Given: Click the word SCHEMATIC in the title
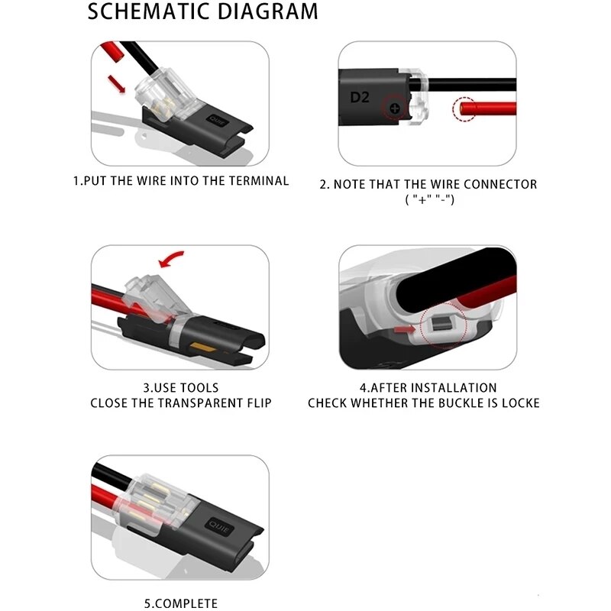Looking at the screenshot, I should click(146, 12).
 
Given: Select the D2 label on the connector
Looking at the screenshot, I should click(359, 97).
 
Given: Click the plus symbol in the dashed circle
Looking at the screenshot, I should click(394, 109).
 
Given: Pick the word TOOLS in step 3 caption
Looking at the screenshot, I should click(200, 388).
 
